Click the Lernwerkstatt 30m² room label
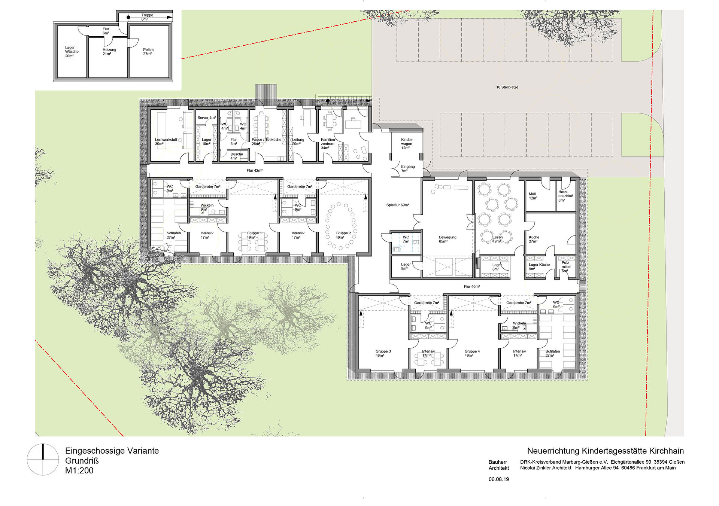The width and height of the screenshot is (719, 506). (166, 142)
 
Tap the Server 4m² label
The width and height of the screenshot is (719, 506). (207, 118)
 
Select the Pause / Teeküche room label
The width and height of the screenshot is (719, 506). (266, 142)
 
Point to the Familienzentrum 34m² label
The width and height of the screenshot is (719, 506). (328, 144)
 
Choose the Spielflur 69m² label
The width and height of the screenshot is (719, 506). (398, 205)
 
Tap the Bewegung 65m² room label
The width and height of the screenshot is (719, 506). (448, 239)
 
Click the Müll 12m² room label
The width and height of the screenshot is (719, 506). (533, 196)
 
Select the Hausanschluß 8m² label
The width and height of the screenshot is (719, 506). (565, 196)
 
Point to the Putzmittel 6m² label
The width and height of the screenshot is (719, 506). (566, 267)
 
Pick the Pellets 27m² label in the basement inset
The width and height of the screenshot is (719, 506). (148, 52)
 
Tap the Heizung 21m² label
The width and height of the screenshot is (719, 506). (109, 52)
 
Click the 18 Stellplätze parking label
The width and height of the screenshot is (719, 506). (507, 87)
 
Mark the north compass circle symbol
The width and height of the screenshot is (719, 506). (43, 460)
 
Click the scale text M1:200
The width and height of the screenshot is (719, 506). (79, 471)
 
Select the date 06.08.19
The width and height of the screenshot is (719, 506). (499, 479)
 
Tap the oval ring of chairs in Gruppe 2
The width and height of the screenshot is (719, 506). (341, 226)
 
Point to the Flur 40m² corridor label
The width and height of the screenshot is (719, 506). (472, 287)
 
